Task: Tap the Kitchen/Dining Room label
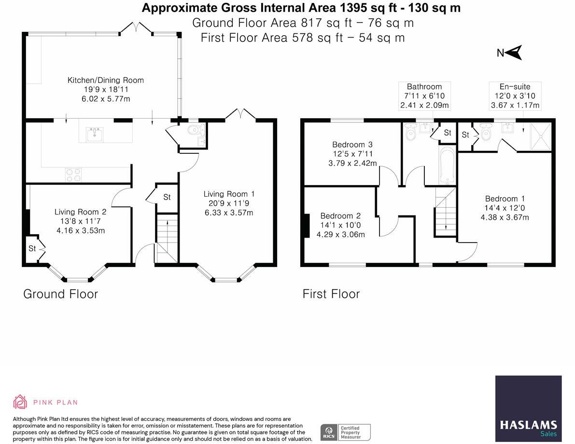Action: pyautogui.click(x=106, y=80)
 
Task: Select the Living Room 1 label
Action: pyautogui.click(x=229, y=194)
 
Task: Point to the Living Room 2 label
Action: pyautogui.click(x=80, y=212)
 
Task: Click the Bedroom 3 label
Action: pyautogui.click(x=352, y=145)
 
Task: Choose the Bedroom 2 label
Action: pyautogui.click(x=340, y=216)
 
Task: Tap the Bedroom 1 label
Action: pyautogui.click(x=505, y=199)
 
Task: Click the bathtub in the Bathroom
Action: pyautogui.click(x=447, y=165)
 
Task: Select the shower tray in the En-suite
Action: pyautogui.click(x=541, y=136)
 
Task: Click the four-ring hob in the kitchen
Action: pyautogui.click(x=73, y=174)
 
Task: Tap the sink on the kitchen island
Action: pyautogui.click(x=96, y=134)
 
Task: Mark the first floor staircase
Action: pyautogui.click(x=446, y=211)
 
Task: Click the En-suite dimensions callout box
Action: pyautogui.click(x=515, y=96)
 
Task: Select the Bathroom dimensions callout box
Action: pyautogui.click(x=424, y=96)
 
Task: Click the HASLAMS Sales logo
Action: pyautogui.click(x=529, y=408)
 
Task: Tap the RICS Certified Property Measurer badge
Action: pyautogui.click(x=346, y=432)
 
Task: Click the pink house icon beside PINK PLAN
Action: pyautogui.click(x=20, y=402)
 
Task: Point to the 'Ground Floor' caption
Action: pyautogui.click(x=60, y=294)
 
